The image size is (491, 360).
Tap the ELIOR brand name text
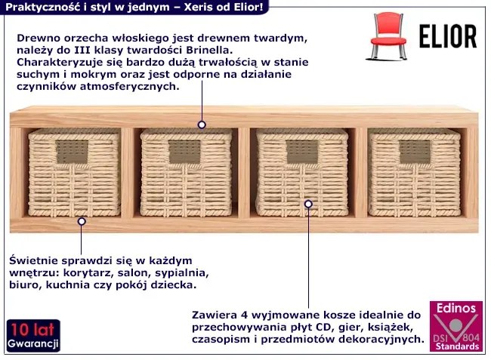click(x=447, y=35)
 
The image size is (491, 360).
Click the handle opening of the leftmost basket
click(x=73, y=152)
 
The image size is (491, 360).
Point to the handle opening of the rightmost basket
click(x=414, y=152)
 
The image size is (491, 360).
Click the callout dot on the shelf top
click(x=202, y=125)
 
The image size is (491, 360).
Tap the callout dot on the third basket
click(x=308, y=204)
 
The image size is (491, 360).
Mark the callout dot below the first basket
click(x=82, y=221)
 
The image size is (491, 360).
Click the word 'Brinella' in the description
click(x=206, y=50)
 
